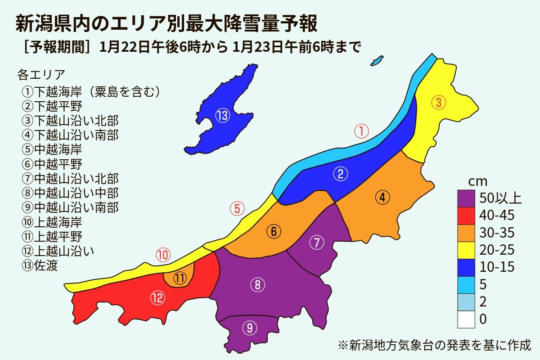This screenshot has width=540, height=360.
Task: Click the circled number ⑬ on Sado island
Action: coord(223,116)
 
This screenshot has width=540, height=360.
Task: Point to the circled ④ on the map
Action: coord(382,198)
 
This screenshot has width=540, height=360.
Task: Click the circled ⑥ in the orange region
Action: coord(273,231)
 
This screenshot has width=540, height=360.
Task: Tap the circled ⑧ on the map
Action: coord(257,285)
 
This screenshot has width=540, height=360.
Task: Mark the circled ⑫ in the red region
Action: coord(158,297)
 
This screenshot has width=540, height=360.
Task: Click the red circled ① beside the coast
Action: coord(361,132)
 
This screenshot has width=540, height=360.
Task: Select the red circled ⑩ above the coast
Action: coord(163,256)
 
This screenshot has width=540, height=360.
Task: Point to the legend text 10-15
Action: coord(497,267)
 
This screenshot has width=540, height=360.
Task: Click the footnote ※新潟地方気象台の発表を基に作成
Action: coord(434,346)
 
